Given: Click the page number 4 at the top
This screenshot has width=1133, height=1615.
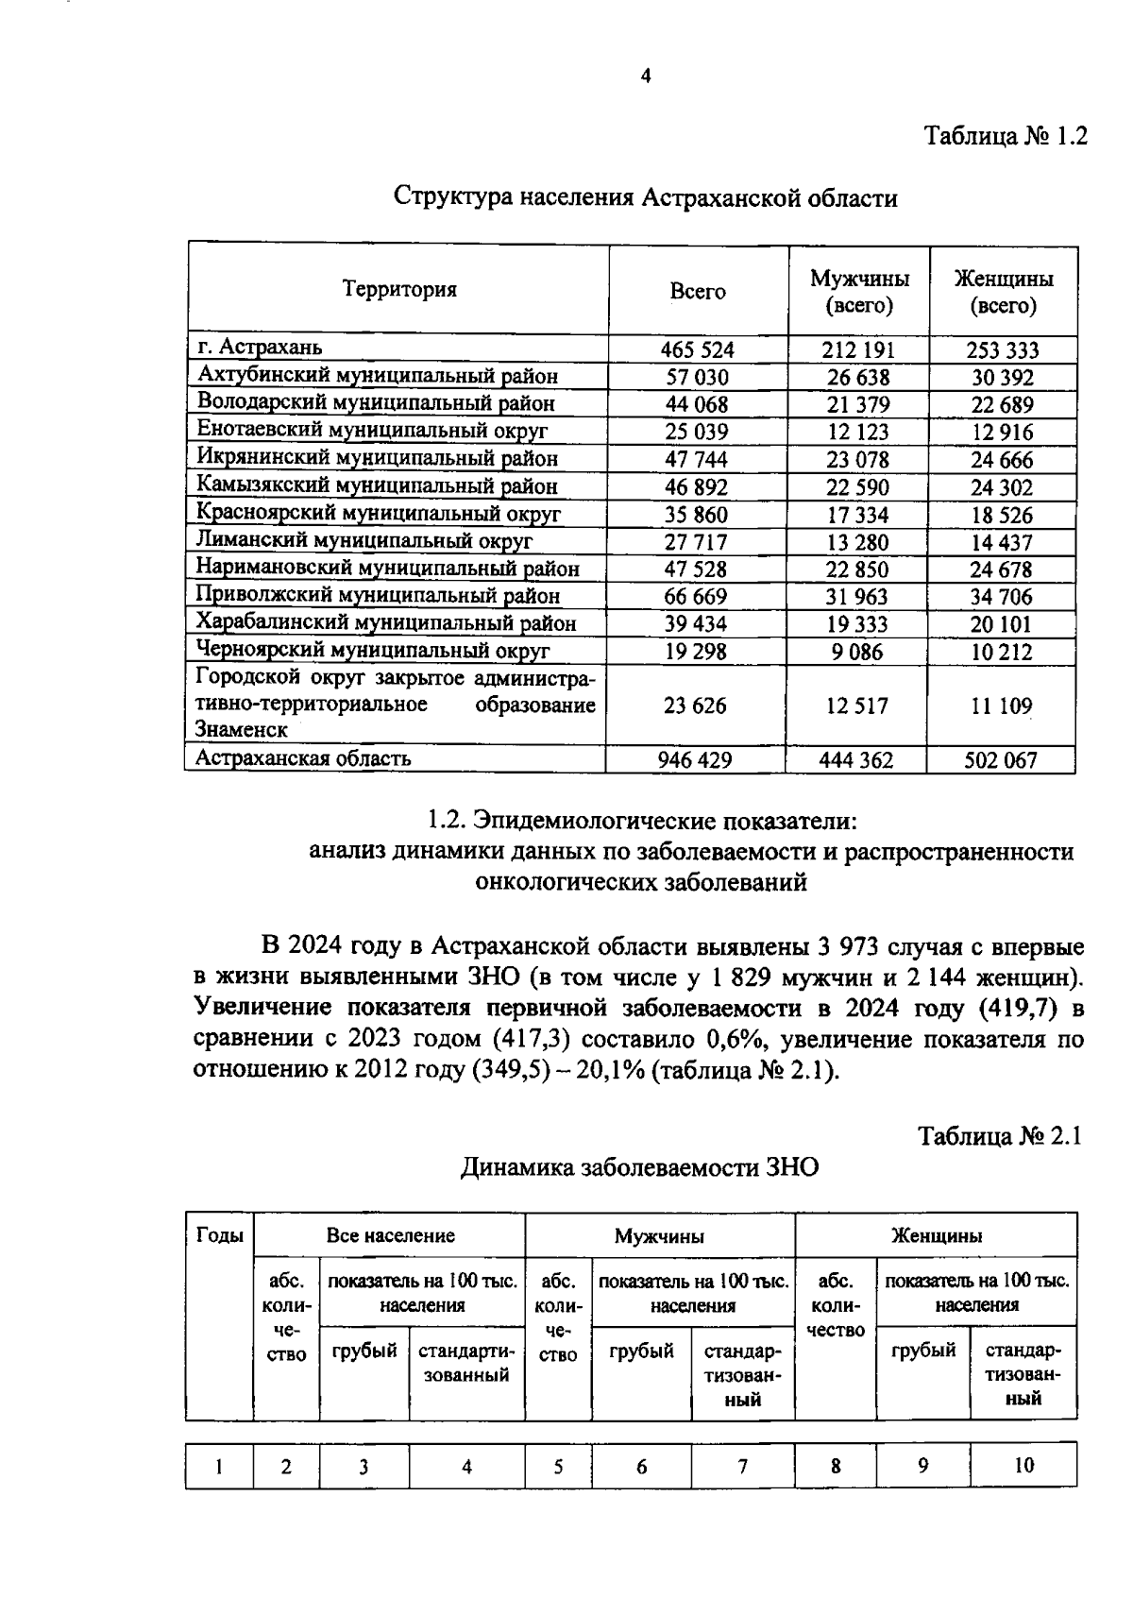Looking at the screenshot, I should pyautogui.click(x=646, y=77).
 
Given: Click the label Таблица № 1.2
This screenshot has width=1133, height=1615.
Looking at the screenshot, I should pyautogui.click(x=1006, y=136).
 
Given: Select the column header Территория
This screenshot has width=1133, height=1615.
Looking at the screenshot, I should pyautogui.click(x=398, y=290).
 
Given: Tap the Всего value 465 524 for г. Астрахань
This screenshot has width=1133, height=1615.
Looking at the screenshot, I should pyautogui.click(x=697, y=350).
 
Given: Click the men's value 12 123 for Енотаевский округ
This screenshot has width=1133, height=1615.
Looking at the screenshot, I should pyautogui.click(x=857, y=433).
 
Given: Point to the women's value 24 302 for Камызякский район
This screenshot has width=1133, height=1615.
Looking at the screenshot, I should pyautogui.click(x=1002, y=487).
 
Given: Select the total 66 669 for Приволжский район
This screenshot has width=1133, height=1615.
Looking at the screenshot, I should pyautogui.click(x=697, y=597).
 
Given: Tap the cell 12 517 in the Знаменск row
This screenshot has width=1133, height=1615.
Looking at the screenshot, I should pyautogui.click(x=857, y=705).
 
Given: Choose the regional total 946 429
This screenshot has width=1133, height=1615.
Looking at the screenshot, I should pyautogui.click(x=697, y=759).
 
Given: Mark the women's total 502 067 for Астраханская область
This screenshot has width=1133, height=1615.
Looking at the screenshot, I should pyautogui.click(x=1000, y=759).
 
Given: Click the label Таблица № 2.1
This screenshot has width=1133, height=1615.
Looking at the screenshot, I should pyautogui.click(x=1000, y=1135).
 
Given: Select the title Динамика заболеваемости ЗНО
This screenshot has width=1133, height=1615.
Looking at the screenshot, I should pyautogui.click(x=639, y=1168).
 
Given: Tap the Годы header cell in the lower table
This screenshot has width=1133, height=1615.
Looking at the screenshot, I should pyautogui.click(x=219, y=1235).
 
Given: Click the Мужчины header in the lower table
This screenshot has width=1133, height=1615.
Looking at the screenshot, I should pyautogui.click(x=659, y=1235).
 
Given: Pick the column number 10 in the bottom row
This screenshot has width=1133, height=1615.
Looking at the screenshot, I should pyautogui.click(x=1023, y=1465).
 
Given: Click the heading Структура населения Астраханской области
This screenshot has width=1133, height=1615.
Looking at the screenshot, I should pyautogui.click(x=645, y=198).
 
